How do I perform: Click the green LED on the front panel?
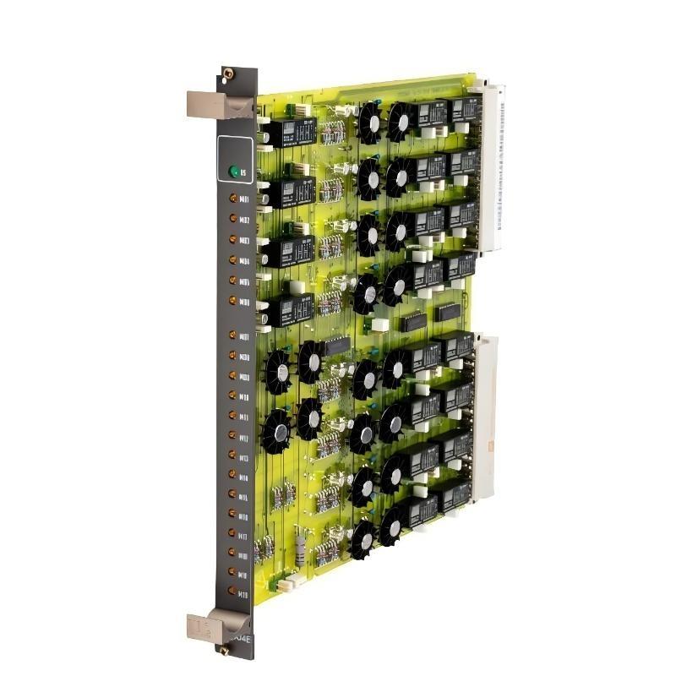pos(234,172)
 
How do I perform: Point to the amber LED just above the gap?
pos(234,301)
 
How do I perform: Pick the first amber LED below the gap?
pos(234,335)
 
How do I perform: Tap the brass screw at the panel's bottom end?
pos(225,650)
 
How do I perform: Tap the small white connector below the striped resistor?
pos(287,583)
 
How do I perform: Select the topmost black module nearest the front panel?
pos(288,134)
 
